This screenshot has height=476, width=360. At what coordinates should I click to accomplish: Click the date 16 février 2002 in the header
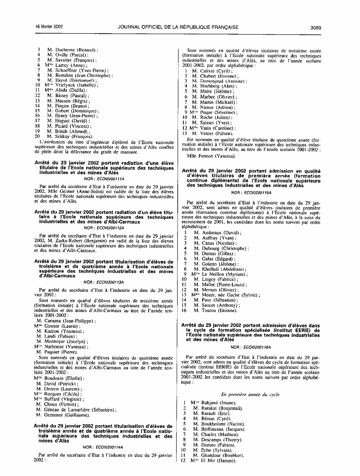[47, 27]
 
